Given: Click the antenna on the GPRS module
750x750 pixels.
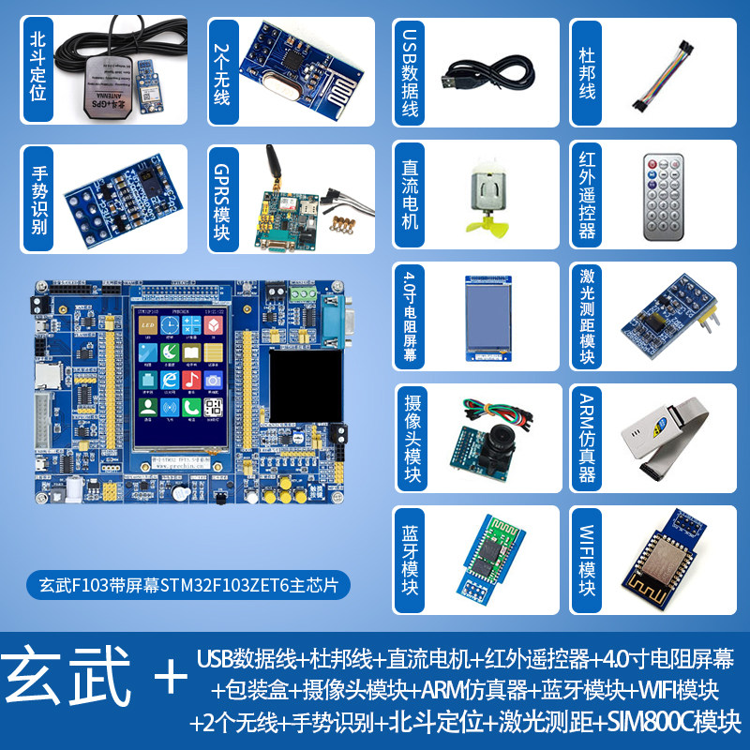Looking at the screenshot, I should (275, 170).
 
